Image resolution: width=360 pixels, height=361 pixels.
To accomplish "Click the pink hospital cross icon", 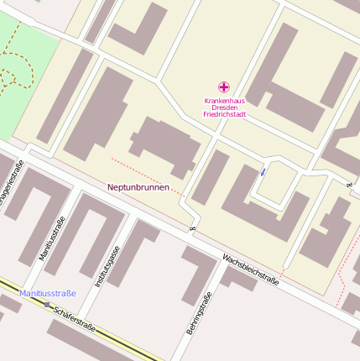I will pos(224,86).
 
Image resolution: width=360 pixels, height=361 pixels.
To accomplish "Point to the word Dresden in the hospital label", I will pos(224,107).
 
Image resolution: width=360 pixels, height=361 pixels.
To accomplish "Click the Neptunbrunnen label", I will pos(138,187).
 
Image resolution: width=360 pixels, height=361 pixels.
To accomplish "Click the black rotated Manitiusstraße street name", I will pos(52,239).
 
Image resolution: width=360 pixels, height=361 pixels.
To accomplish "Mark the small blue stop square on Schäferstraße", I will pos(47,304).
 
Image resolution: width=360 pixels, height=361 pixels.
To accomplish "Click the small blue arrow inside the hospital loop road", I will pos(263,171).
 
